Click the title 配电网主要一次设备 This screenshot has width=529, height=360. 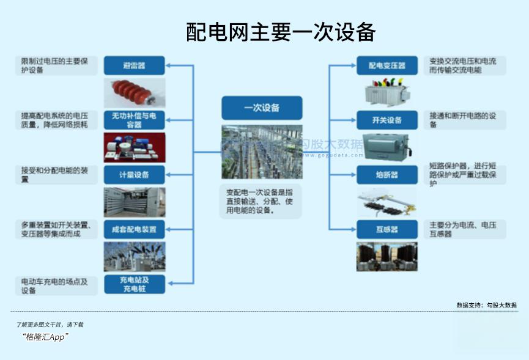point(280,32)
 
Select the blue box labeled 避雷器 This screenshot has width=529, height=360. point(134,65)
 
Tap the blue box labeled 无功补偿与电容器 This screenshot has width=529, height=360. point(134,120)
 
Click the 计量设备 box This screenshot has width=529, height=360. point(134,175)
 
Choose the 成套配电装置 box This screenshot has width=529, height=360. point(134,230)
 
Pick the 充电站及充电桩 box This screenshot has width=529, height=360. point(134,284)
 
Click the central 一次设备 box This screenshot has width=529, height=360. point(262,108)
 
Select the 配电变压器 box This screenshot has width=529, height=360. point(387,66)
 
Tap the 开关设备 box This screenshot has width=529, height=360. point(387,120)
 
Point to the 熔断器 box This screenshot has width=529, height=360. point(387,175)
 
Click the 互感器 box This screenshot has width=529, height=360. point(387,229)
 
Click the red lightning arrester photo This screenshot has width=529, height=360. point(134,92)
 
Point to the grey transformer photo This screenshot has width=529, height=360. point(387,93)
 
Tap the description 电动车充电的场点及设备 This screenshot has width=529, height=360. point(55,286)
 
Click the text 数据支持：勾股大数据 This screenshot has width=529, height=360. point(486,305)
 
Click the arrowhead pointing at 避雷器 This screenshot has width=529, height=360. point(169,65)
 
